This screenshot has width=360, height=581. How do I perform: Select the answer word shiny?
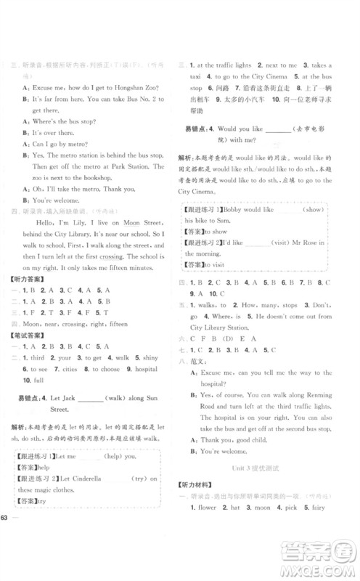[x=148, y=357]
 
